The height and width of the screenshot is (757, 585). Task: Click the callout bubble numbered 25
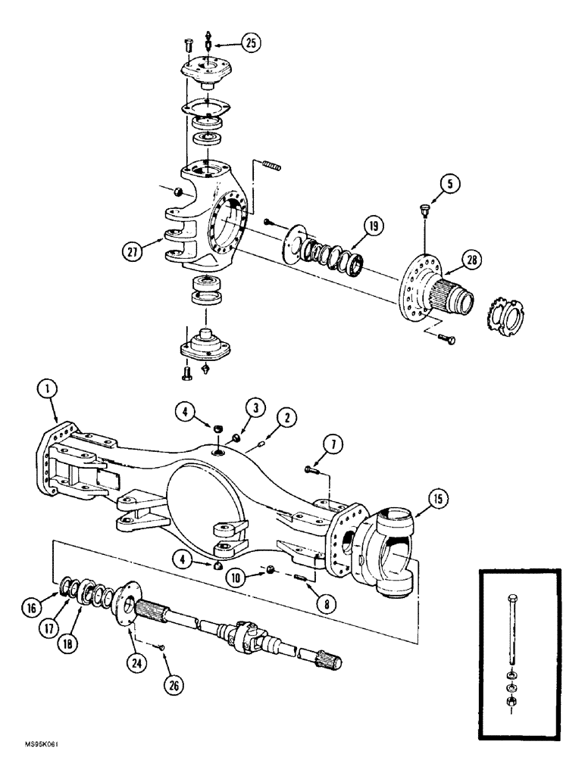pos(248,43)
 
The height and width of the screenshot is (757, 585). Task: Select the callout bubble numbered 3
pos(259,410)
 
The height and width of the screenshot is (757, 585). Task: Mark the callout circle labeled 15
pos(437,499)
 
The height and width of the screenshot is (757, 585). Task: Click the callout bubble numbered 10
pos(236,578)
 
